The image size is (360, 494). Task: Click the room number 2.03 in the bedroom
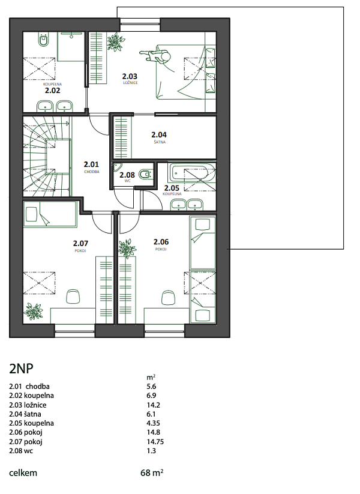click(x=130, y=76)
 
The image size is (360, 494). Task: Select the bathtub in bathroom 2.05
click(x=192, y=173)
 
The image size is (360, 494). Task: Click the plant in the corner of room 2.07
click(x=34, y=311)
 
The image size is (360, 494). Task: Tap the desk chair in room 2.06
click(x=169, y=297)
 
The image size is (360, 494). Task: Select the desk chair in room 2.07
click(x=73, y=297)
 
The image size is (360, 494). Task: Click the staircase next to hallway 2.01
click(x=47, y=156)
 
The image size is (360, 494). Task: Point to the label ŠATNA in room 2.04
click(x=160, y=142)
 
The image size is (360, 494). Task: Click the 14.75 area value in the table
click(x=155, y=442)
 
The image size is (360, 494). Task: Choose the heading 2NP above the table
click(x=22, y=369)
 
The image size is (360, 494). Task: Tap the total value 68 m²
click(x=152, y=473)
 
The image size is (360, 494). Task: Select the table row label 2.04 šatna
click(x=25, y=414)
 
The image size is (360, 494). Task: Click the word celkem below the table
click(x=23, y=473)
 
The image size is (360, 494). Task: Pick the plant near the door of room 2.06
click(x=127, y=249)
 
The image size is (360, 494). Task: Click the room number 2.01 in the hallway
click(x=91, y=164)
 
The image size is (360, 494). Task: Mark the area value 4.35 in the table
click(x=154, y=423)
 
